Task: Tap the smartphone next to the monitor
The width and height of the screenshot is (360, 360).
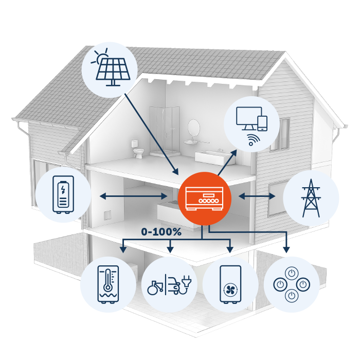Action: (262, 123)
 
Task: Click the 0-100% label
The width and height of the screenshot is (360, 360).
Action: (161, 232)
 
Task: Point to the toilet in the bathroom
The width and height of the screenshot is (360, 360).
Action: (137, 150)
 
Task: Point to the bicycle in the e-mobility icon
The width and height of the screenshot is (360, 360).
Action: (155, 287)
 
